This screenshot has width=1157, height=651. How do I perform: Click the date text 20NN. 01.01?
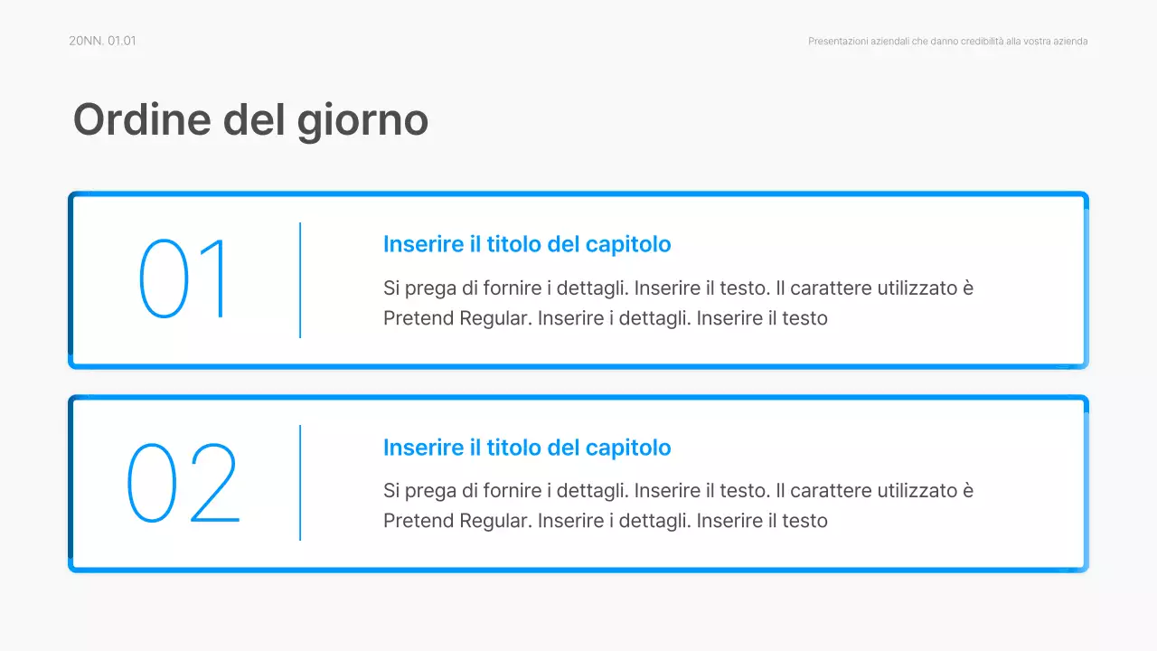[x=102, y=41]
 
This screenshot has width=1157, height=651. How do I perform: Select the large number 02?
[x=183, y=483]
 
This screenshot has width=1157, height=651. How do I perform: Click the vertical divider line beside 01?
[x=300, y=280]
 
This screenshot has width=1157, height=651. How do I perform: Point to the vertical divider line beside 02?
[x=300, y=483]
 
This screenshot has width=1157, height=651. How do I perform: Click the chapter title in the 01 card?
[x=527, y=244]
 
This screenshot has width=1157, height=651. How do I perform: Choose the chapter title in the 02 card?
[x=527, y=448]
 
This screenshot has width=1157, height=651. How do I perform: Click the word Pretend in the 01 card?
[x=419, y=318]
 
